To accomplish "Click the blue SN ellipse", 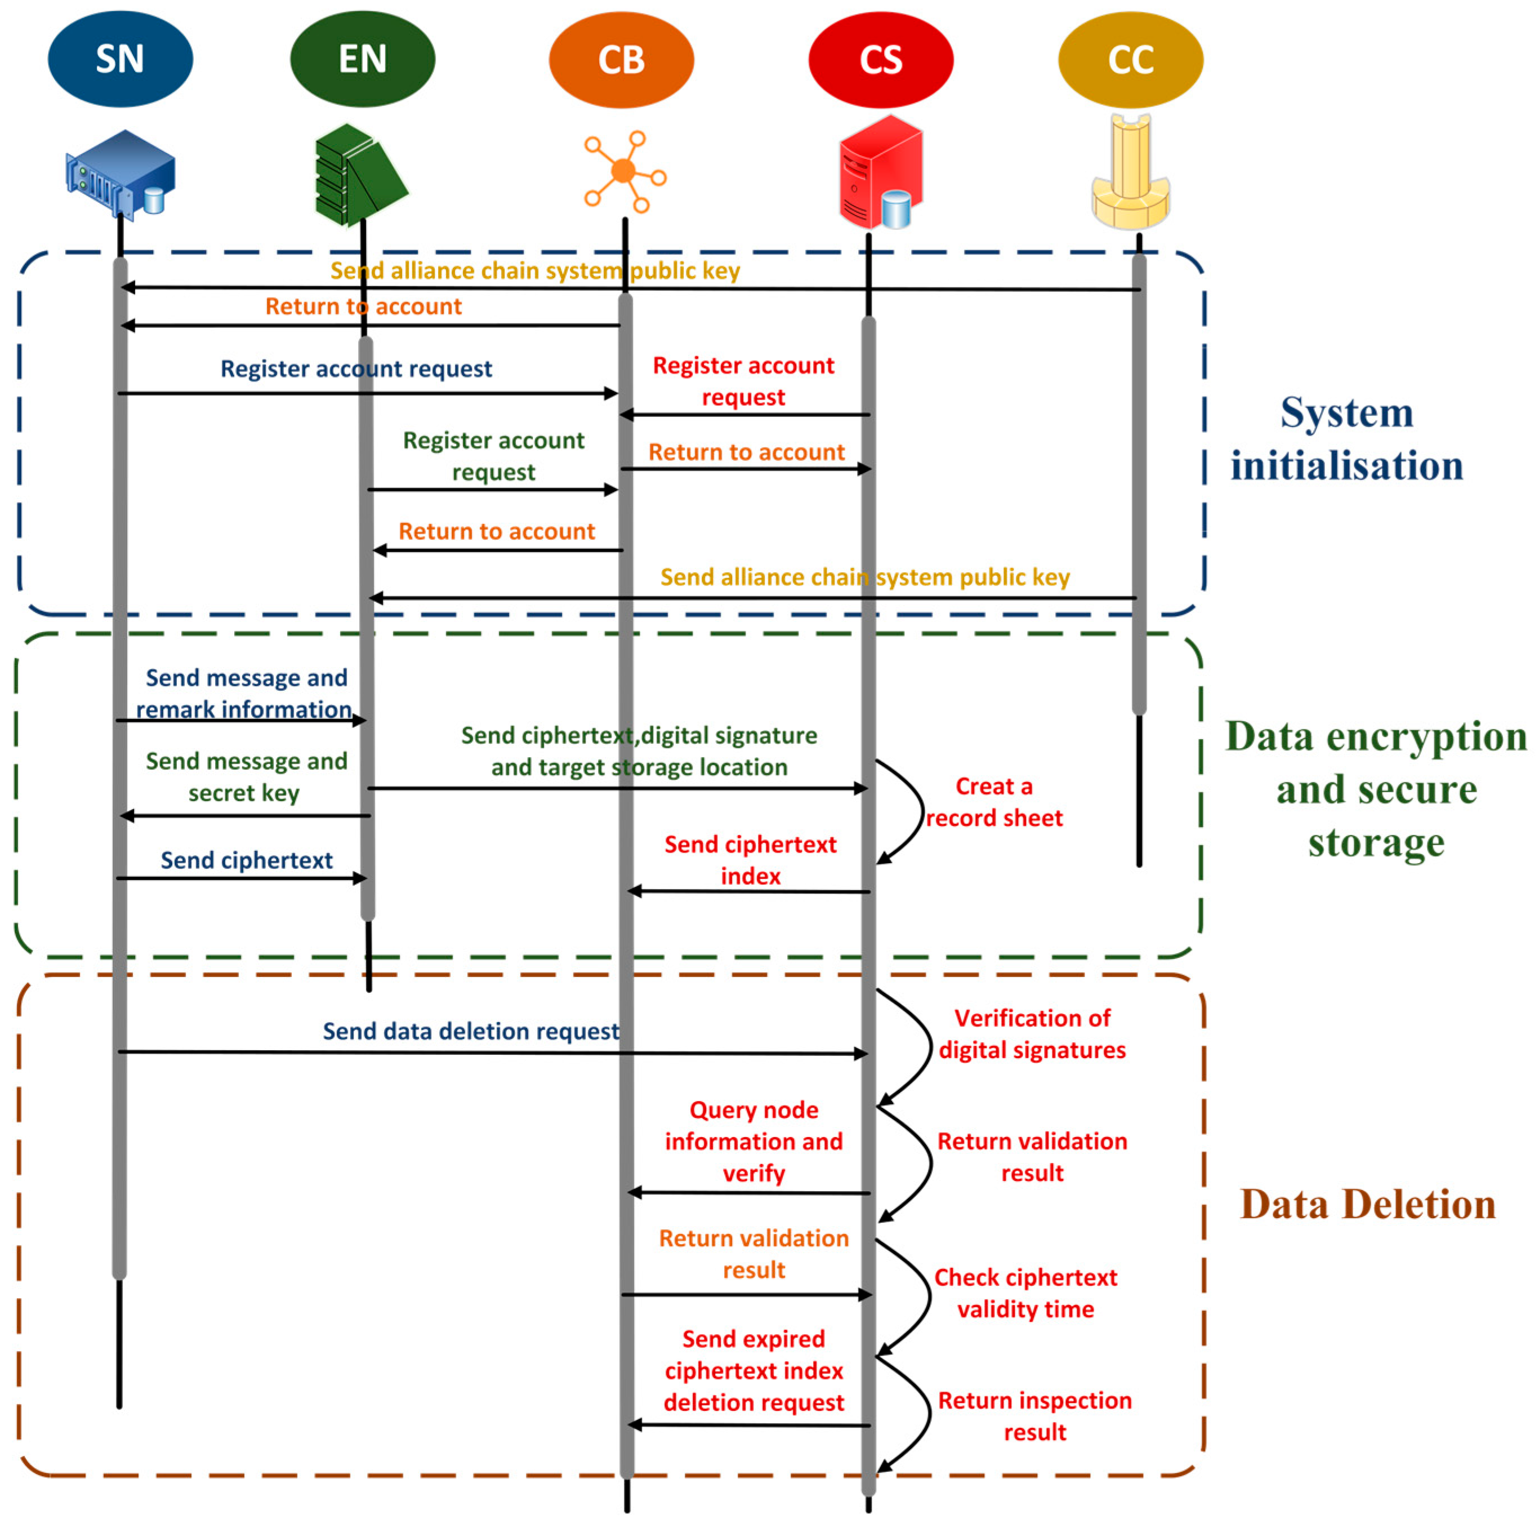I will point(121,59).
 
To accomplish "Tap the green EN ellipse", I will point(363,59).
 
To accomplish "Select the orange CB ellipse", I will point(621,60).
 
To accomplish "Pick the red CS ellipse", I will point(880,60).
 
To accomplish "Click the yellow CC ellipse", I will point(1130,60).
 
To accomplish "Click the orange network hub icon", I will point(624,171).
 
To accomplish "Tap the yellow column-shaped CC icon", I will point(1130,171).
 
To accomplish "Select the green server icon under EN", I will point(359,175).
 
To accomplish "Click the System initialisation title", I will point(1346,439).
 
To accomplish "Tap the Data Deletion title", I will point(1367,1205).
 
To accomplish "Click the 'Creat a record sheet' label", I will point(993,802).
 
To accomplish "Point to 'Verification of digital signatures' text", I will point(1032,1034).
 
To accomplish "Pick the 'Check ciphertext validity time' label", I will point(1025,1293).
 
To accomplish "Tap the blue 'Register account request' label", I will point(356,369).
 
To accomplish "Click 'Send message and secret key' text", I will point(246,777).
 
